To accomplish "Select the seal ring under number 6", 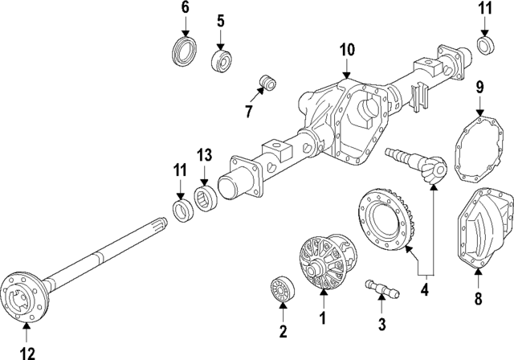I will click(186, 50).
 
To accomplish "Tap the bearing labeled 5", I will click(219, 59).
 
